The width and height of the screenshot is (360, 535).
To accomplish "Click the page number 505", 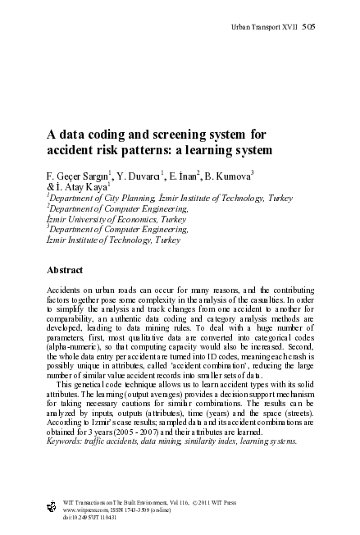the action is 308,26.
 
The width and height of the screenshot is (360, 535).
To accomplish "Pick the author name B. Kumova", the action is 230,176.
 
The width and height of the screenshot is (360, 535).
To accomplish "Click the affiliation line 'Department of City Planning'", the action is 89,199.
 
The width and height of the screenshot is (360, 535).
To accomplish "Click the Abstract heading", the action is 65,269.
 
